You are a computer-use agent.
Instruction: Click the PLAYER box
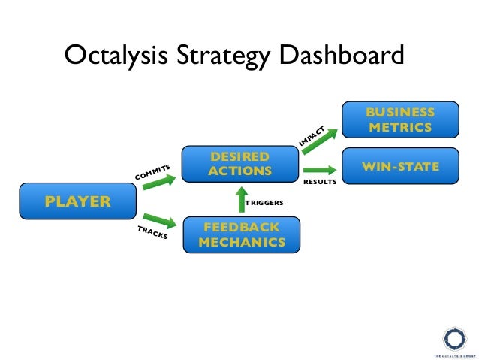click(78, 201)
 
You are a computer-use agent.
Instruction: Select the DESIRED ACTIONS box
click(241, 164)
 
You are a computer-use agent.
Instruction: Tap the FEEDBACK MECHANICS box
click(241, 234)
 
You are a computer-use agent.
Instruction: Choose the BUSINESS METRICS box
click(400, 119)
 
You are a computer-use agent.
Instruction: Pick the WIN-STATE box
click(400, 165)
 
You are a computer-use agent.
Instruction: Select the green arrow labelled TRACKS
click(158, 219)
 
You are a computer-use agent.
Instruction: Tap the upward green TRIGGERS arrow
click(241, 201)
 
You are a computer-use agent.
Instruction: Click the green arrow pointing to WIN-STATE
click(318, 169)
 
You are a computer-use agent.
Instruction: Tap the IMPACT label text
click(311, 135)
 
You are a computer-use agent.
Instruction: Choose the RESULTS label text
click(319, 182)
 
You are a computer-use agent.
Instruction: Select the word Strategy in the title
click(223, 56)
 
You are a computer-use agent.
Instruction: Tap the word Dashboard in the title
click(345, 56)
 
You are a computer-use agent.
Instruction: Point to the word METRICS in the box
click(400, 127)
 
